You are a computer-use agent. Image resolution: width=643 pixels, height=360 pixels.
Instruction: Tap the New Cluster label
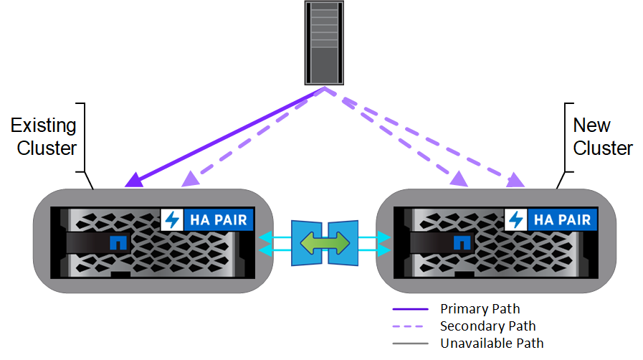(x=602, y=137)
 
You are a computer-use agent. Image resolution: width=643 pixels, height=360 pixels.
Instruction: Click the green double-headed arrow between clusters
(x=324, y=242)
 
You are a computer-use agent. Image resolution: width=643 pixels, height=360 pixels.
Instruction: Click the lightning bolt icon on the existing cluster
(x=172, y=219)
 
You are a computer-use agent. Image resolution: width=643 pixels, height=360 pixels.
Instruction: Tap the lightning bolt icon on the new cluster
(x=516, y=219)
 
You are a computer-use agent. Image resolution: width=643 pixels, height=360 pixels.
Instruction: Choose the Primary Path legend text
(x=480, y=309)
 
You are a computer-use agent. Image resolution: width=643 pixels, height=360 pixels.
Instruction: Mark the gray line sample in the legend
(x=410, y=344)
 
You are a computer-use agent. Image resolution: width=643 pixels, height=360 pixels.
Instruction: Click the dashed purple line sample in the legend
(x=410, y=327)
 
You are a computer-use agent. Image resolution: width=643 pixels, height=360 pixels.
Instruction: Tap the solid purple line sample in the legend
(x=410, y=310)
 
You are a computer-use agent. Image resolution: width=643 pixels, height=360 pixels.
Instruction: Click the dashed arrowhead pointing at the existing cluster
(x=190, y=179)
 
